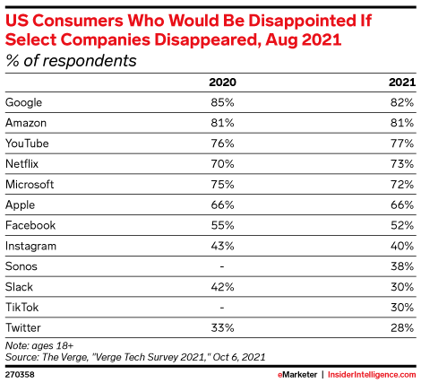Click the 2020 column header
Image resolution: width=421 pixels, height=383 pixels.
[222, 83]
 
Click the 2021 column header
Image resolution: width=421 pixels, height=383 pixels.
[401, 83]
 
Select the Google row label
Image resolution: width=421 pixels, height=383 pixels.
[24, 103]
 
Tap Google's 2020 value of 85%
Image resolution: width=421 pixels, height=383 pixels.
[222, 103]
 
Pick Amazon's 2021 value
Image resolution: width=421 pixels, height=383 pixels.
[402, 124]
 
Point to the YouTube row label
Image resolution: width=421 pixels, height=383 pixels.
[27, 144]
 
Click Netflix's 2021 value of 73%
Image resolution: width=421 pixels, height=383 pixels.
[402, 164]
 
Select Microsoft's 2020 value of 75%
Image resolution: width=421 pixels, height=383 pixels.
[222, 184]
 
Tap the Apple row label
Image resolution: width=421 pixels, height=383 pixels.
[21, 205]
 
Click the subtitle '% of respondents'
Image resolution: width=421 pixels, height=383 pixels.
[72, 61]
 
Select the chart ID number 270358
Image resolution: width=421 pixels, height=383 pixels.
[21, 372]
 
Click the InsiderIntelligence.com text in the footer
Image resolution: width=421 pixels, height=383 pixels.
[372, 372]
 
